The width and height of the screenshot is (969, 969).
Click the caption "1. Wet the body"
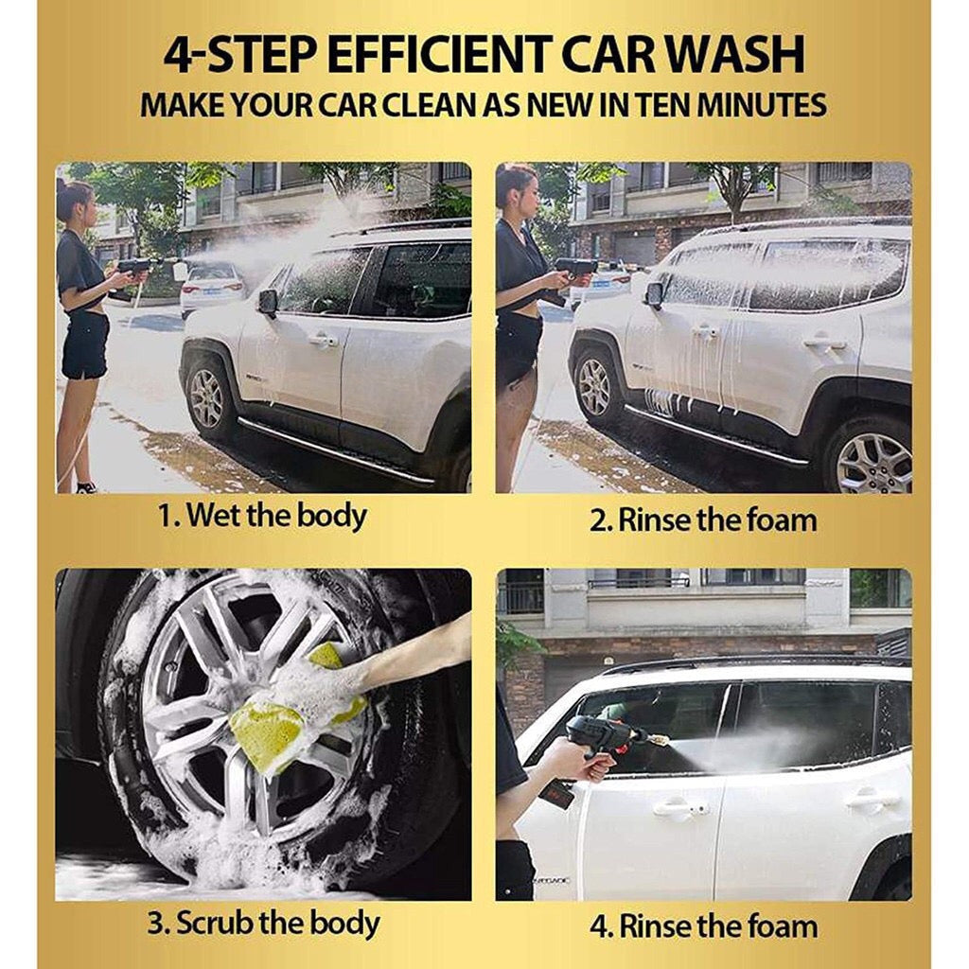tap(263, 516)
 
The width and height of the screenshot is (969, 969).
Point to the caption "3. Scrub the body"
tap(263, 924)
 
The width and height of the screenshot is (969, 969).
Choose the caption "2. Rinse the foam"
tap(703, 520)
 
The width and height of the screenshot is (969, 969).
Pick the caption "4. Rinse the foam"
tap(703, 926)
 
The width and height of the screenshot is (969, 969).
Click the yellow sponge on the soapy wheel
tap(290, 711)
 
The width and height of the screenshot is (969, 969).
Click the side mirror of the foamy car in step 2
tap(654, 294)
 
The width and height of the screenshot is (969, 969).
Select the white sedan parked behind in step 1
tap(211, 289)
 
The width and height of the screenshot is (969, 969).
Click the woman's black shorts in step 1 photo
tap(84, 344)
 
